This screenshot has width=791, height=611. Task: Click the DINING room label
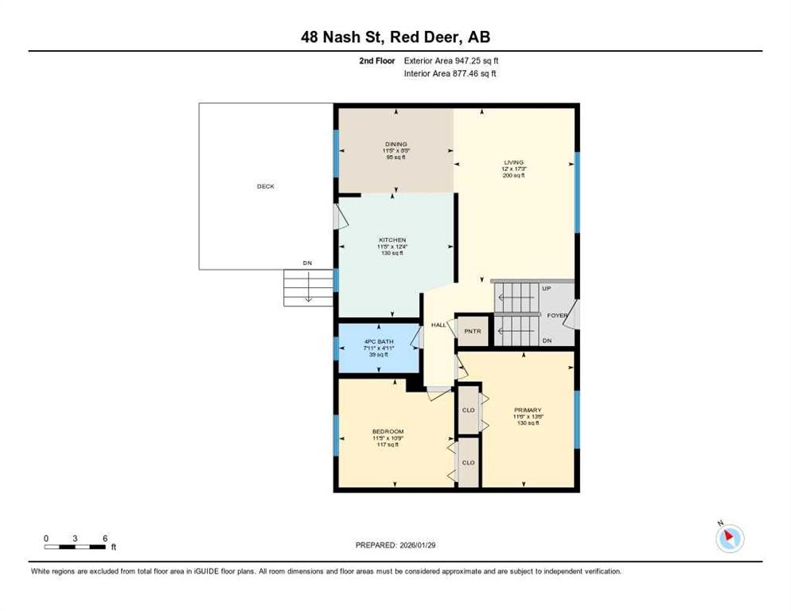tap(395, 144)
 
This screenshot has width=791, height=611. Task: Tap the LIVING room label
tap(513, 162)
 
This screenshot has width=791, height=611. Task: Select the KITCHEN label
tap(392, 240)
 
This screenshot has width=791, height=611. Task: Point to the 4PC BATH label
tap(379, 341)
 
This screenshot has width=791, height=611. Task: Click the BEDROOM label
tap(388, 432)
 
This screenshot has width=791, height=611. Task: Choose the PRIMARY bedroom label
tap(528, 411)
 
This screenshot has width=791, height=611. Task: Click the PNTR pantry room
tap(473, 332)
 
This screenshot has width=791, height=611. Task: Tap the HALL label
tap(438, 325)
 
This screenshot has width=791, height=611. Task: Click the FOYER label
tap(557, 315)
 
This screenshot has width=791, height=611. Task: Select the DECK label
tap(266, 186)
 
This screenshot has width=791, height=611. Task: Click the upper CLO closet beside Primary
tap(468, 410)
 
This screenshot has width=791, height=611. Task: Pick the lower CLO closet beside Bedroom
tap(468, 463)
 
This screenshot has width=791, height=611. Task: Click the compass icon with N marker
tap(730, 538)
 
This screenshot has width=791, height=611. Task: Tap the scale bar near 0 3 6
tap(75, 547)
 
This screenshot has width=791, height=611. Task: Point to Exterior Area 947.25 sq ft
tap(451, 60)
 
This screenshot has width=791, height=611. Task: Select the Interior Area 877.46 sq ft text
tap(450, 74)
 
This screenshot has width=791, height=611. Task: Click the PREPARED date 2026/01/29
tap(395, 546)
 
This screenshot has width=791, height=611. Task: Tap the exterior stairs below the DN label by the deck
tap(308, 287)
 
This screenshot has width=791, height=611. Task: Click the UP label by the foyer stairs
tap(547, 289)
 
